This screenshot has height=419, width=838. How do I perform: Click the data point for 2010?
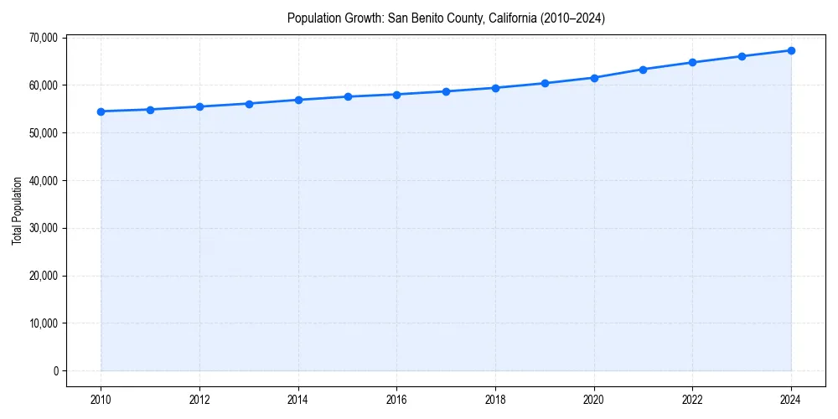click(x=101, y=111)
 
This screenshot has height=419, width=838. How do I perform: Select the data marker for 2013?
click(x=249, y=104)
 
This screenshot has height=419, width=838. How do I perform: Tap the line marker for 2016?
click(x=396, y=95)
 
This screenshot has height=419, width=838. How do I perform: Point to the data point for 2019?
click(x=545, y=83)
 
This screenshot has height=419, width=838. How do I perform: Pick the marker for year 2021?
click(x=643, y=70)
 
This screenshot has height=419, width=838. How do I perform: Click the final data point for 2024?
click(x=791, y=50)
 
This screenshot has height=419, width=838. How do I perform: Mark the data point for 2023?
click(x=742, y=56)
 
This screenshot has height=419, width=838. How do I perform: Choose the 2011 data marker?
click(x=150, y=110)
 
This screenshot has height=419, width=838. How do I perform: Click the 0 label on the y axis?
click(x=54, y=371)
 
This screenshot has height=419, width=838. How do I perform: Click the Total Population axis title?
click(x=17, y=210)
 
